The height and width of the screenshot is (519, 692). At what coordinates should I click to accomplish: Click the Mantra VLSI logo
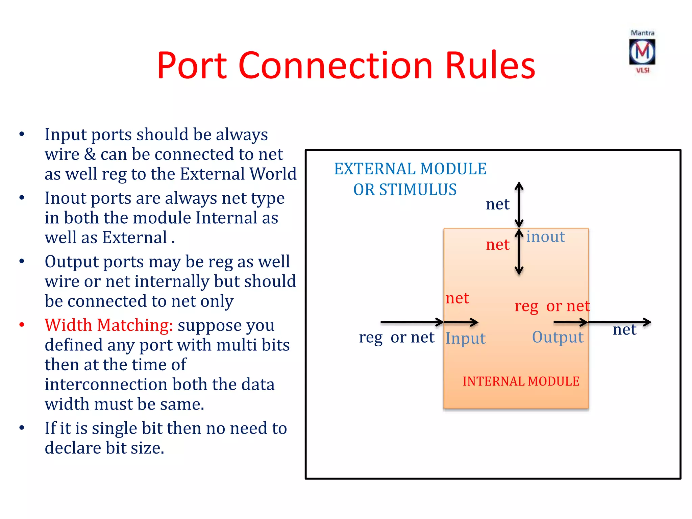click(642, 52)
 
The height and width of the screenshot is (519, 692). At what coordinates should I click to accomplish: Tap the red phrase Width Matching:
click(109, 325)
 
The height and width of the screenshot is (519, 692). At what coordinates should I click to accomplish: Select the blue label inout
click(545, 237)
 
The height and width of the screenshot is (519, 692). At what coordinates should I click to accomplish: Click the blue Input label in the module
click(465, 338)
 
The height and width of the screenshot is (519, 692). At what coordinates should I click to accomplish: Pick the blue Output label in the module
click(558, 337)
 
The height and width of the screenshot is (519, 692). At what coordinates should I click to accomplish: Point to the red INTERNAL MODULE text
click(521, 381)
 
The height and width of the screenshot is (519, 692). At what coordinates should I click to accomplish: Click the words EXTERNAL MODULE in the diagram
click(410, 169)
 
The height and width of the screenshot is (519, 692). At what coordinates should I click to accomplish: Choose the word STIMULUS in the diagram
click(418, 190)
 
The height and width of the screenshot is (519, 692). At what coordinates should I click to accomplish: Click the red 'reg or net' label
click(552, 306)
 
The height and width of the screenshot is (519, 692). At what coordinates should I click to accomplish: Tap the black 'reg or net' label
click(396, 337)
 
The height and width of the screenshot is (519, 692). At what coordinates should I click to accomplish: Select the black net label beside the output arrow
click(624, 330)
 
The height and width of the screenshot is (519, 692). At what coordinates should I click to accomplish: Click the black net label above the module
click(497, 204)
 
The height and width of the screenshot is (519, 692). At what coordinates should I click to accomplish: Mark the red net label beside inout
click(497, 245)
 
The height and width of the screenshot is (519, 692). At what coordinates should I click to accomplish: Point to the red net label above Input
click(457, 298)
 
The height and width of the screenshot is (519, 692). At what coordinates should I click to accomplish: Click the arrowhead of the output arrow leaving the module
click(647, 322)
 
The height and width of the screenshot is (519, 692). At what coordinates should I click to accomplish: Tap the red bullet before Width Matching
click(22, 325)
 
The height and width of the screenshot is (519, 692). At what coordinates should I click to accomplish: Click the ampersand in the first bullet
click(90, 154)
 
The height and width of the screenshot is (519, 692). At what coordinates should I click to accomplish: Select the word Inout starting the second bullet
click(66, 198)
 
